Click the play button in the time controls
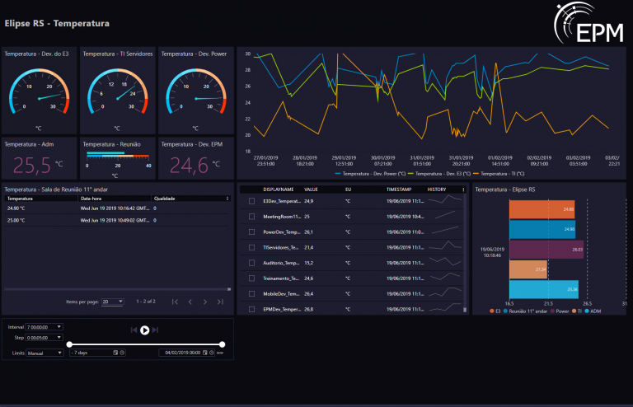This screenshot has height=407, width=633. (144, 330)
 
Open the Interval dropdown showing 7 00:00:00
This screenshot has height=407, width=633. (45, 327)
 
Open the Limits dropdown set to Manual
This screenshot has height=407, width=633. (45, 353)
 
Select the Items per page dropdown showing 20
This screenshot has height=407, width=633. (113, 302)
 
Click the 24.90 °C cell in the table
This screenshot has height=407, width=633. (16, 208)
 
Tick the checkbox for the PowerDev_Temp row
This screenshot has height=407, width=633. (251, 232)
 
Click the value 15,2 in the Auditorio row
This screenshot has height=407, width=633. (309, 263)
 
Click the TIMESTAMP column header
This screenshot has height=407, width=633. (400, 189)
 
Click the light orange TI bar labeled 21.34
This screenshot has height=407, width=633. (528, 269)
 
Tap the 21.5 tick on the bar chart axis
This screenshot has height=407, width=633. (546, 303)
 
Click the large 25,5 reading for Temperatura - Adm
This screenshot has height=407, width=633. (31, 166)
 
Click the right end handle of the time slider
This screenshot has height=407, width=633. (223, 344)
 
